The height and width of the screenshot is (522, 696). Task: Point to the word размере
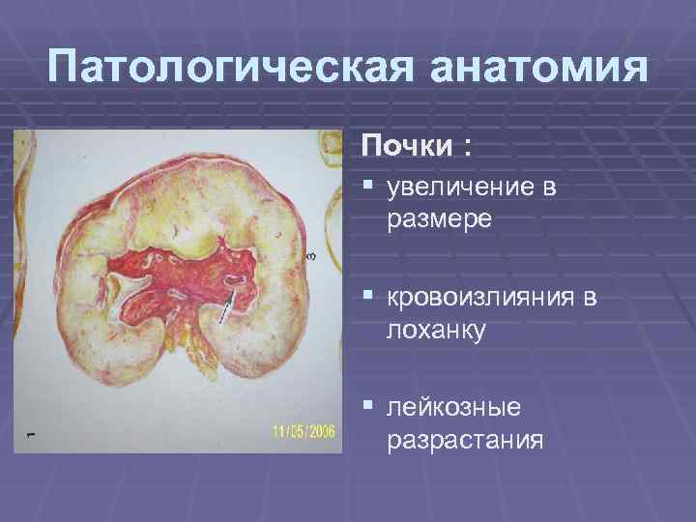coord(440,219)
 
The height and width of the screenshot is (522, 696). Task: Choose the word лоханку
coord(436,331)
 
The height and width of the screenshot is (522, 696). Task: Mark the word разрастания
coord(465,442)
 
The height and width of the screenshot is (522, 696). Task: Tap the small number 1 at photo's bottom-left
coord(31,435)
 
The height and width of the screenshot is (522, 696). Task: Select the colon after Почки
coord(469,148)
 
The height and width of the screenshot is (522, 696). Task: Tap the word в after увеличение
coord(547,188)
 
